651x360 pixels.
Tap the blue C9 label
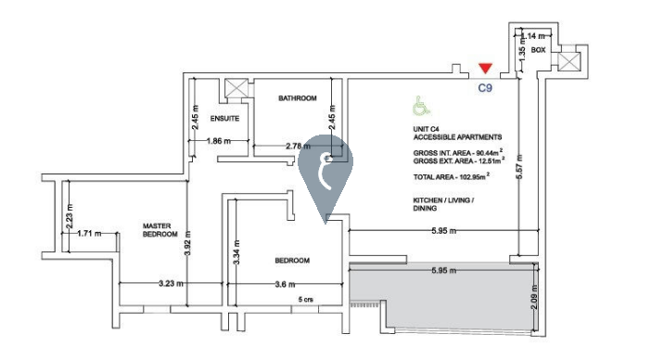485,88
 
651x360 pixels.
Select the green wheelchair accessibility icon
421,106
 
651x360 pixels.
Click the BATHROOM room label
298,98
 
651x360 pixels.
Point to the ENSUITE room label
224,119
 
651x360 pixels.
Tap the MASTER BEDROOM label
160,230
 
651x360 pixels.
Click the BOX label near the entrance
538,50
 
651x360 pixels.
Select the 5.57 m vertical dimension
520,166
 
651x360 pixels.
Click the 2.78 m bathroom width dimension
298,147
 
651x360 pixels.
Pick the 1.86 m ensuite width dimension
219,141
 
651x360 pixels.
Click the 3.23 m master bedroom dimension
171,284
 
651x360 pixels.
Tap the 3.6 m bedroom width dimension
286,285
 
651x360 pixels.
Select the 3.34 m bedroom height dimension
236,252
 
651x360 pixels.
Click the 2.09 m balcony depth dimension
534,297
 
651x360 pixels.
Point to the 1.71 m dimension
89,234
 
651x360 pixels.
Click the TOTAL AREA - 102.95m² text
452,176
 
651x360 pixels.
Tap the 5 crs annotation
306,300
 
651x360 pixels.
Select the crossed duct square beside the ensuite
236,87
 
